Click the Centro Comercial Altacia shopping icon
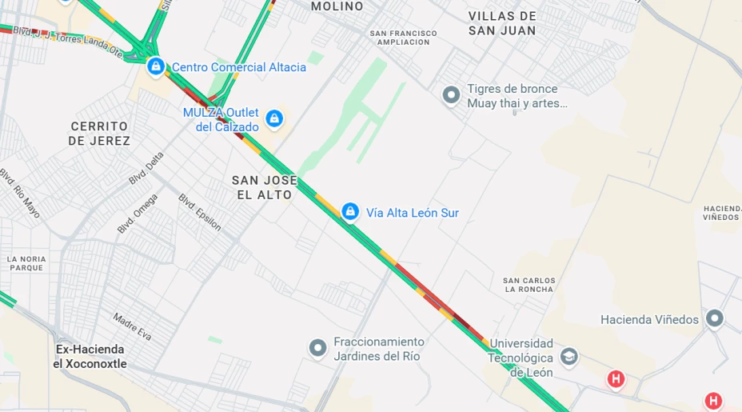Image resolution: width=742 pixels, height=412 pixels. (x=156, y=66)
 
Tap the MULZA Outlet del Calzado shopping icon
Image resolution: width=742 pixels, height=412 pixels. (x=274, y=119)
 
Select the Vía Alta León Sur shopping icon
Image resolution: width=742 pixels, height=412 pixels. (x=349, y=212)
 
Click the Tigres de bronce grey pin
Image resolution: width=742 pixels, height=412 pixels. (x=451, y=95)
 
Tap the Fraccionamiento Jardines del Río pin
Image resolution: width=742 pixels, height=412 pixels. (x=318, y=348)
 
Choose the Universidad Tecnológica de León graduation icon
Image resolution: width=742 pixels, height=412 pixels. (x=569, y=356)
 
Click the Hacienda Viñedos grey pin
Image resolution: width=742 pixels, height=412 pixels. (x=714, y=319)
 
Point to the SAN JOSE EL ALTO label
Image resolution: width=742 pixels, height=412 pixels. (x=264, y=187)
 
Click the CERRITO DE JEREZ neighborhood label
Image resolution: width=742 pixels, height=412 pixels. (x=99, y=134)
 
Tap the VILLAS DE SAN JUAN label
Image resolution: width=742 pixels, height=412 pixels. (x=502, y=23)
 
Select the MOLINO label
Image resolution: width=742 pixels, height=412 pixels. (x=337, y=6)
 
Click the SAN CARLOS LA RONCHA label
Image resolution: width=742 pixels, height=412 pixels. (x=528, y=285)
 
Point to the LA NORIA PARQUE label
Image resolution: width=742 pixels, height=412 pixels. (x=26, y=263)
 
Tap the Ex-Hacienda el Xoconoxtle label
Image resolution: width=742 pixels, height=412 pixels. (x=90, y=357)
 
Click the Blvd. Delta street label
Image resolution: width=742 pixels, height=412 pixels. (x=146, y=169)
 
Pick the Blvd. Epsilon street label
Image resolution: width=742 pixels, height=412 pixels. (x=199, y=212)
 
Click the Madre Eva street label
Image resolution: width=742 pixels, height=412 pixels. (x=132, y=326)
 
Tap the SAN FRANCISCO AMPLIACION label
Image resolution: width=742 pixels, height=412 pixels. (x=404, y=38)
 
